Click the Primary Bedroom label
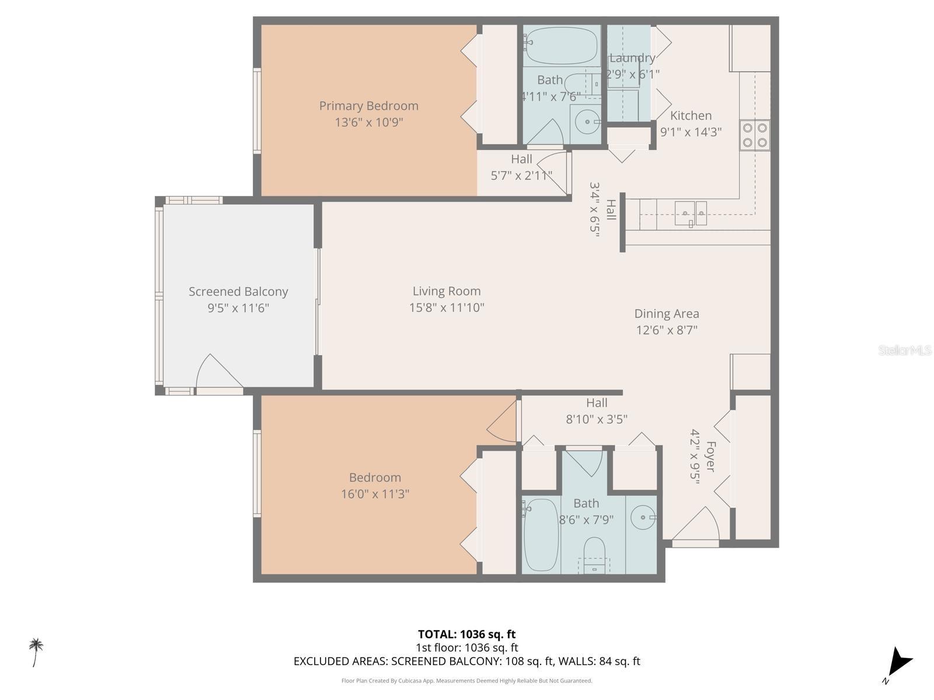coord(368,106)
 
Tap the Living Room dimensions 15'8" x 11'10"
coord(447,307)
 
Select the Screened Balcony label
coord(238,291)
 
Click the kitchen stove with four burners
coord(754,135)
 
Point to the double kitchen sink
coord(691,213)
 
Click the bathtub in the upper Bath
coord(561,45)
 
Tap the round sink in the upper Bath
coord(585,122)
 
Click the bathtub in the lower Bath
coord(541,534)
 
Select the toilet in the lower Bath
coord(595,554)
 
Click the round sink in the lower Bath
coord(643,517)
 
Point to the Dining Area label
coord(667,313)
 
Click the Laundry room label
coord(632,58)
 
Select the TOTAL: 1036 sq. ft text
coord(466,634)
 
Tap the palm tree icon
coord(36,651)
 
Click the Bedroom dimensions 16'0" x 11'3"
coord(375,494)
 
